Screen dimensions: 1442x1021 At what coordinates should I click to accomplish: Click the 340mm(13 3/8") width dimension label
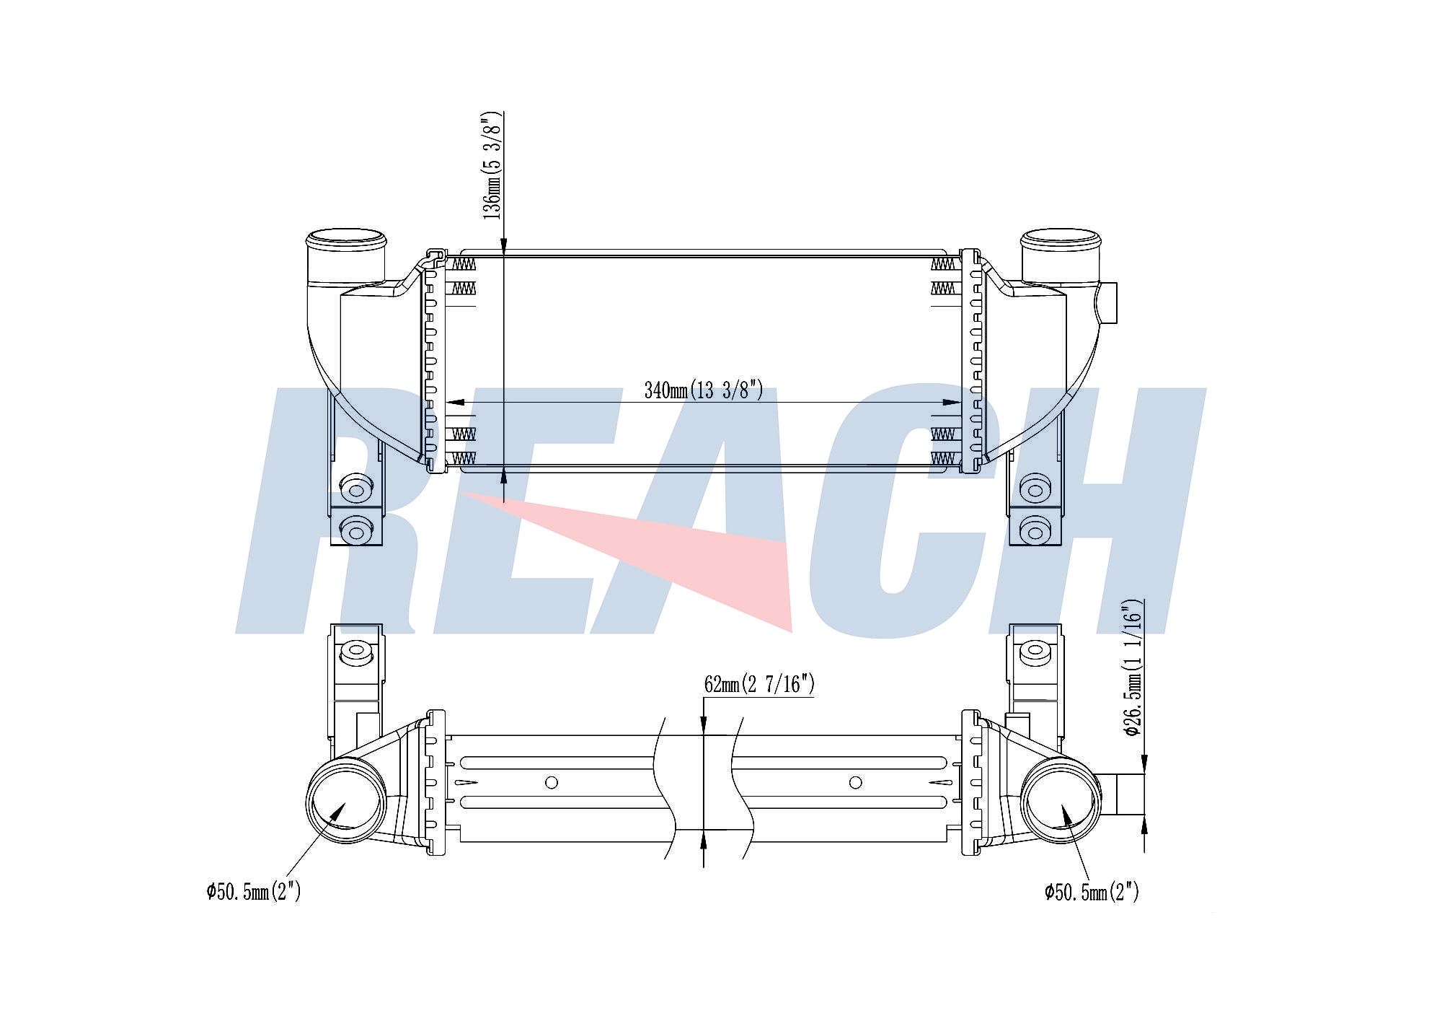click(704, 390)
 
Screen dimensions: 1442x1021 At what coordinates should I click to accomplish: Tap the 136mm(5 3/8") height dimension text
click(492, 165)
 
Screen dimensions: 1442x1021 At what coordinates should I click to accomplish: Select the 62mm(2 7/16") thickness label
click(759, 684)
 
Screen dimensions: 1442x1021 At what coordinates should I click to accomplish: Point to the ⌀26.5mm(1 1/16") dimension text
click(1133, 667)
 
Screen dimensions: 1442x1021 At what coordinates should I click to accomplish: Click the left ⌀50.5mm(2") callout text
click(253, 892)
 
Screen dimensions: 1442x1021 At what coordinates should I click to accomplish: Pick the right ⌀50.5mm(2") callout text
click(1092, 892)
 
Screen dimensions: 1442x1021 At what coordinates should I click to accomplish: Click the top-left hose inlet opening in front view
click(346, 237)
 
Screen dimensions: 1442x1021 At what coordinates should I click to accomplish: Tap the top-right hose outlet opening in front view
click(1061, 237)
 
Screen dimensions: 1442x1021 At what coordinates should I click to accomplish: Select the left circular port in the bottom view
click(346, 800)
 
